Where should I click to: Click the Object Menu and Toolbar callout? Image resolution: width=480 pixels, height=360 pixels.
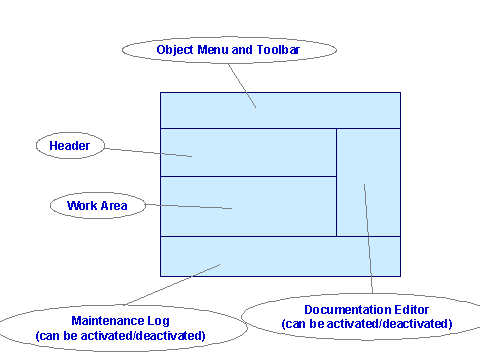click(x=228, y=50)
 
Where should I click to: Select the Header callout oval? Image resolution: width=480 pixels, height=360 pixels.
click(x=70, y=146)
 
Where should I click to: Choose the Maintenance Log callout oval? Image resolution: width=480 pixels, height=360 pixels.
click(x=120, y=327)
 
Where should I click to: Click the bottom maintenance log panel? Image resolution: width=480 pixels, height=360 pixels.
click(x=300, y=256)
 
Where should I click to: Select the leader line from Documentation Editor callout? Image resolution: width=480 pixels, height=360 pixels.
click(x=368, y=240)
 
